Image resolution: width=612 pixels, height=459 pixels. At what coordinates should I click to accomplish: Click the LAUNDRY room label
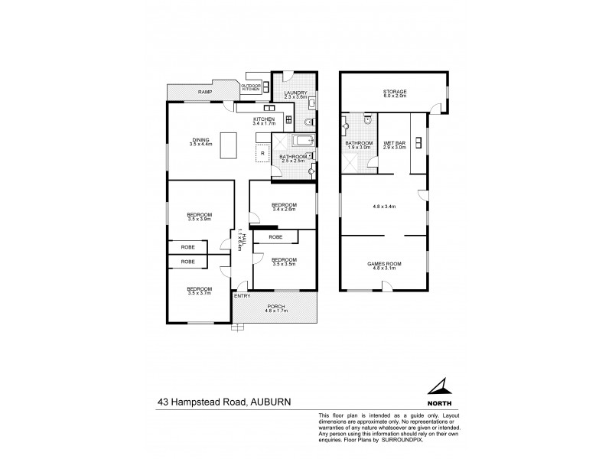pos(295,93)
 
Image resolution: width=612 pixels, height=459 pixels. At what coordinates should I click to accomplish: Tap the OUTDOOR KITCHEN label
pos(252,87)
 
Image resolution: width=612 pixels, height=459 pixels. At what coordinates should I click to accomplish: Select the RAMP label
pos(204,92)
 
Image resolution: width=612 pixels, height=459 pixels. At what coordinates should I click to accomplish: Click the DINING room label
pos(200,139)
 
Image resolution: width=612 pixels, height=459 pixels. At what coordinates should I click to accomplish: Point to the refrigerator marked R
pos(262,152)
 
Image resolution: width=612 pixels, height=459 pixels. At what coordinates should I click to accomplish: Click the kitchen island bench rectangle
pos(229,145)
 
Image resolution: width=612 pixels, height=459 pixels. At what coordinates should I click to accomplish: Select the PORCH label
pos(275,307)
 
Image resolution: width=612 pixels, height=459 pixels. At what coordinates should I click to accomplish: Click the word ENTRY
pos(243,296)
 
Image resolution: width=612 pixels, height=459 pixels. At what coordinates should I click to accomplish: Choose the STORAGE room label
pos(395,92)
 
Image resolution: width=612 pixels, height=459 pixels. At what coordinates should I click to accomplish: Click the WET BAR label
pos(394,143)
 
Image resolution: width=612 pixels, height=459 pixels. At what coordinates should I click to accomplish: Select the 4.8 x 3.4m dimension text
pos(383,206)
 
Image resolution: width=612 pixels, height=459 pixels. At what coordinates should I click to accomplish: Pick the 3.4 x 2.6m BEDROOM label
pos(282,206)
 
